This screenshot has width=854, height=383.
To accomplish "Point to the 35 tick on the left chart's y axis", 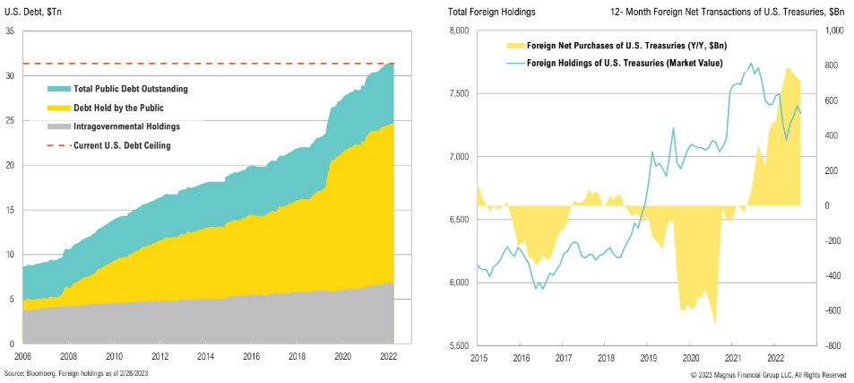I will coord(9,31).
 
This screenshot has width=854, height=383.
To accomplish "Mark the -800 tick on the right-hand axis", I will coord(832,345).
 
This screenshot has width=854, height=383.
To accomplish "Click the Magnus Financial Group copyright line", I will coord(768,373).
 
